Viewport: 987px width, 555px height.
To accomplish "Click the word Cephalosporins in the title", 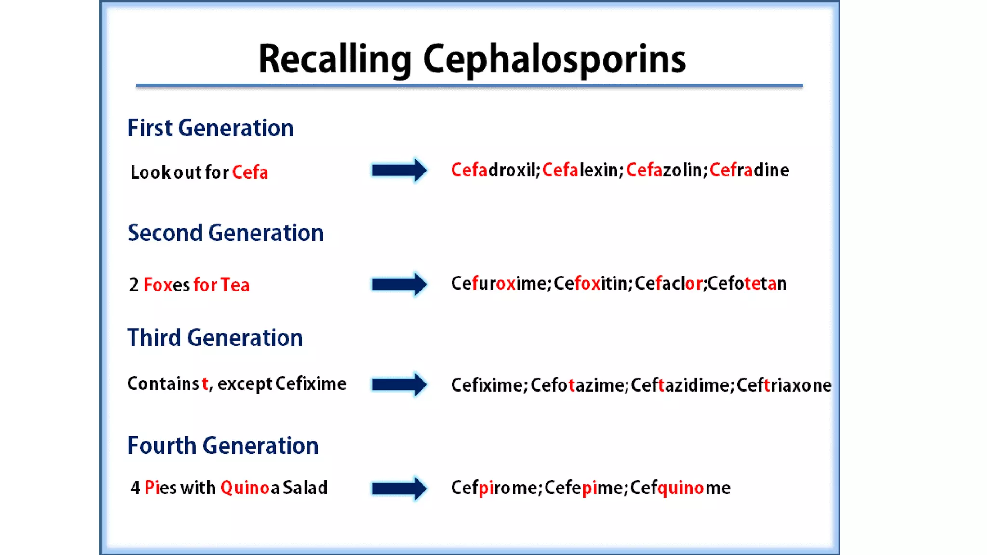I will [x=554, y=60].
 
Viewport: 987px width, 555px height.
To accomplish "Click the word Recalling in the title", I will [x=335, y=60].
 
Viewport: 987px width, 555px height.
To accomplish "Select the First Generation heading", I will [x=210, y=128].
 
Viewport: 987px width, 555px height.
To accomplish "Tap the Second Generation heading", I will [x=226, y=233].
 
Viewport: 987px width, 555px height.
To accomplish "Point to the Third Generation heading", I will [x=215, y=338].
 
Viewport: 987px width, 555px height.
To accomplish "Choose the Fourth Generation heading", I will [x=223, y=446].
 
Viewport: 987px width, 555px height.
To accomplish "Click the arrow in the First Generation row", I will [x=399, y=170].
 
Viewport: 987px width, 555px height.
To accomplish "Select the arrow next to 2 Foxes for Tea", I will [x=399, y=284].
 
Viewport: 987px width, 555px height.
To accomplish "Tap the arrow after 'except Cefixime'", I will [x=399, y=384].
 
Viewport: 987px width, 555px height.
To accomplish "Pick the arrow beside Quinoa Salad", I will [x=399, y=489].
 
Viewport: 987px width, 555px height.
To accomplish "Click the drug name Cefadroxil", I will [x=494, y=170].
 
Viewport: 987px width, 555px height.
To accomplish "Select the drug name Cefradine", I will [x=749, y=170].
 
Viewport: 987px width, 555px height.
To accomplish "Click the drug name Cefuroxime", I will [x=500, y=284].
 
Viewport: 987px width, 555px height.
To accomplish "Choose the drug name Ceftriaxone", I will [x=784, y=385].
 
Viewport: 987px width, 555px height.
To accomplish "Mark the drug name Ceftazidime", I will [x=681, y=385].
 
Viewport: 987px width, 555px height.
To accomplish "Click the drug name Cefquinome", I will [x=680, y=488].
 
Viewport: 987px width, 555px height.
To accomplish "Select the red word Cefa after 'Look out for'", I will [x=250, y=172].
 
